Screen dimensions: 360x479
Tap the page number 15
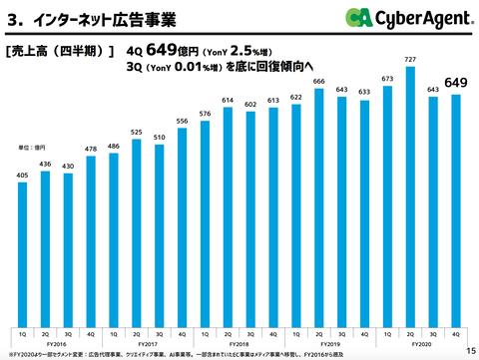[x=470, y=350]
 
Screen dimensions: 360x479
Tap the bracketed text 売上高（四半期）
[x=60, y=48]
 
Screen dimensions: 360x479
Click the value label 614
[x=228, y=101]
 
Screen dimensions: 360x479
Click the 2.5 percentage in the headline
[x=245, y=50]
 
